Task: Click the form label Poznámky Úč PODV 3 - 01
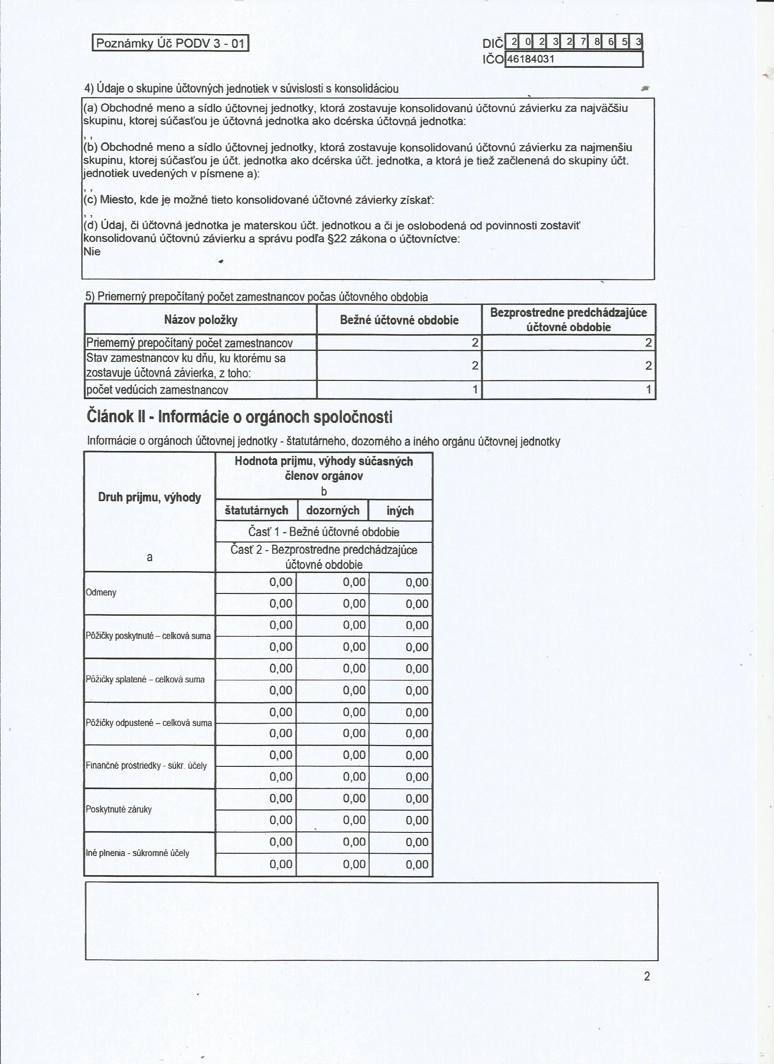170,44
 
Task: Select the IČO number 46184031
531,59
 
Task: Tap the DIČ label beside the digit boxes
492,44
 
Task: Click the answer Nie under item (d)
92,252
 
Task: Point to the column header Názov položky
200,320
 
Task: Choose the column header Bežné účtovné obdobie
399,320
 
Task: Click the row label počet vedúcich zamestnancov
157,390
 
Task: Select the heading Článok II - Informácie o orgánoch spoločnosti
239,416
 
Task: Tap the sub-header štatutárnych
256,511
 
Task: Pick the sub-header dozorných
333,511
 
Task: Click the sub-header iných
400,511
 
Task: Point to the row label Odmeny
101,593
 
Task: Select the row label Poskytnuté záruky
119,809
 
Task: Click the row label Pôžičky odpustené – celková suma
149,723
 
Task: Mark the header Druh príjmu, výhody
149,497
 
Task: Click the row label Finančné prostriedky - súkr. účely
146,765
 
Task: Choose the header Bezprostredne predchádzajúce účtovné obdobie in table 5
568,319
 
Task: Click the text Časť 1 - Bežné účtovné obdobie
323,532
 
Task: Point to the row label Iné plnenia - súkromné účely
137,853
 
